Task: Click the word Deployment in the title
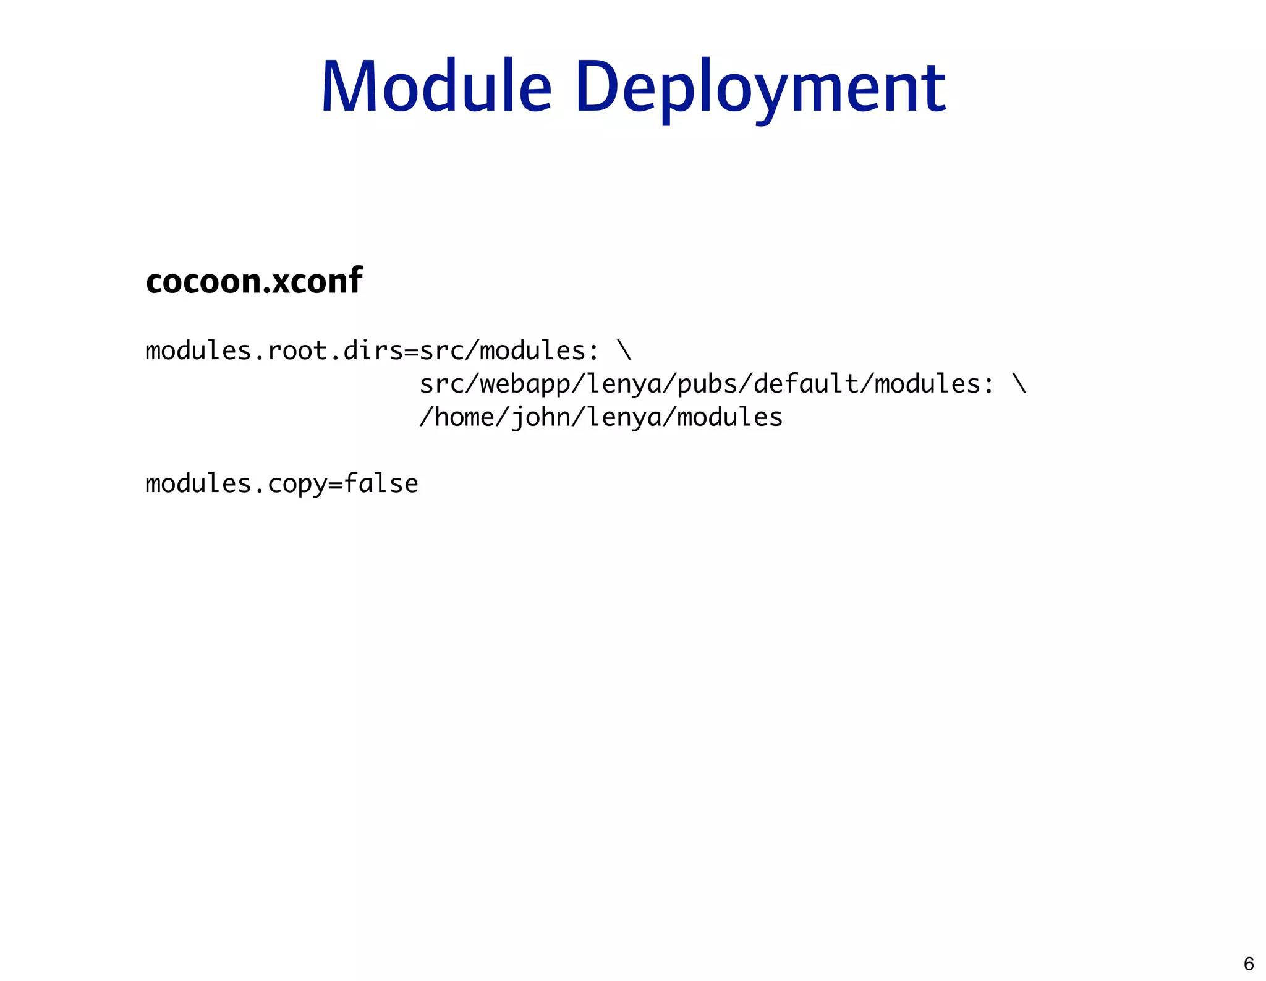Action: coord(760,88)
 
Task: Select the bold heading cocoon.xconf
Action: coord(254,282)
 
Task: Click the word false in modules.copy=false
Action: coord(381,483)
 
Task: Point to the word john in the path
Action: coord(540,417)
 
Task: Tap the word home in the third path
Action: coord(465,417)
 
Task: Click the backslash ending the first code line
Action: coord(624,351)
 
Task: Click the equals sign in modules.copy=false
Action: coord(335,484)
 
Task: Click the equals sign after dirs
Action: coord(411,351)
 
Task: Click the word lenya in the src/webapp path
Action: coord(624,384)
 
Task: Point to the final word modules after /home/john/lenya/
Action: coord(730,417)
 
